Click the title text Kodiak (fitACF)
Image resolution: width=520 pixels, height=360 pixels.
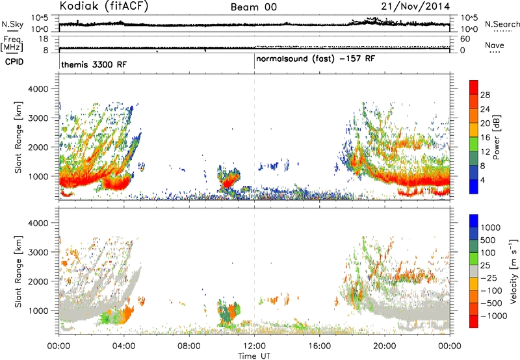pyautogui.click(x=104, y=6)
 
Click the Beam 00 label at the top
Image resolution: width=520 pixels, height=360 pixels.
pyautogui.click(x=253, y=7)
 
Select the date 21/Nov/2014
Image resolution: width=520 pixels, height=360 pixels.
pyautogui.click(x=415, y=6)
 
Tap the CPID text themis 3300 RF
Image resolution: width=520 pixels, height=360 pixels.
pyautogui.click(x=94, y=64)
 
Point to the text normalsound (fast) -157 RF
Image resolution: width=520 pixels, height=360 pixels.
pyautogui.click(x=315, y=59)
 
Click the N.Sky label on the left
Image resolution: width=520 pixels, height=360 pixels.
pyautogui.click(x=12, y=24)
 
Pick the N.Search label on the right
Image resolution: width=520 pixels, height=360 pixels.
pyautogui.click(x=502, y=24)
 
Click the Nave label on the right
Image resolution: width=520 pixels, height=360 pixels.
pyautogui.click(x=495, y=45)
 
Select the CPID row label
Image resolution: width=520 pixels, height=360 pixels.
pyautogui.click(x=14, y=62)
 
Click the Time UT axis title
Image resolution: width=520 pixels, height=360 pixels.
pyautogui.click(x=254, y=356)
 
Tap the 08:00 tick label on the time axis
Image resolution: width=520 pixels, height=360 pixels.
pyautogui.click(x=189, y=346)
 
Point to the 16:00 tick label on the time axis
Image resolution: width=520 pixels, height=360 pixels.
pyautogui.click(x=319, y=346)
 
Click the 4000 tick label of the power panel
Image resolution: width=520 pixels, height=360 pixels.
pyautogui.click(x=38, y=89)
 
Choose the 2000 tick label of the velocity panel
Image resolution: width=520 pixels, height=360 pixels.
pyautogui.click(x=38, y=281)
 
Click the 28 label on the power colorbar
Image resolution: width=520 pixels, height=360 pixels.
pyautogui.click(x=485, y=95)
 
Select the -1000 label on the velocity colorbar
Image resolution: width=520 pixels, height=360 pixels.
pyautogui.click(x=494, y=316)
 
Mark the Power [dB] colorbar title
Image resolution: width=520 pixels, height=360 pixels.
pyautogui.click(x=497, y=137)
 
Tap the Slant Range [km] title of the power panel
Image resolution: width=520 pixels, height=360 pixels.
pyautogui.click(x=18, y=137)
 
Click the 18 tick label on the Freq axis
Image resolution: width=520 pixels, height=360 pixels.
pyautogui.click(x=44, y=39)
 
